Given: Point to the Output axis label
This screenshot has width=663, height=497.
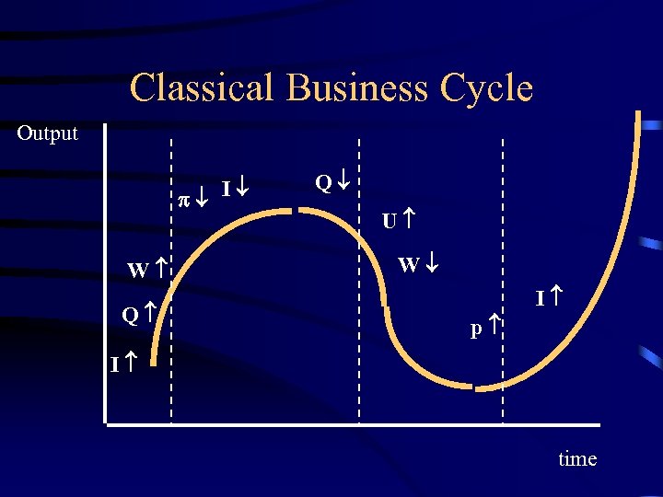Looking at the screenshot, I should [x=48, y=133].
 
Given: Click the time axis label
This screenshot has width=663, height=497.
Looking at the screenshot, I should [x=577, y=458].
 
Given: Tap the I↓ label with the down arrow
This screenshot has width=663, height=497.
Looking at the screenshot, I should [x=238, y=191].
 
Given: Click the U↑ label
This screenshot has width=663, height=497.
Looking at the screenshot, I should [x=397, y=220].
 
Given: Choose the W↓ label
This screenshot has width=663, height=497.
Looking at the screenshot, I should [x=420, y=266].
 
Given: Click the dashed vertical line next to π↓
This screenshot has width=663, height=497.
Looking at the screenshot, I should [x=172, y=276].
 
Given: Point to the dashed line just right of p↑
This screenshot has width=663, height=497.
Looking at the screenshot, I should [x=503, y=276].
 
